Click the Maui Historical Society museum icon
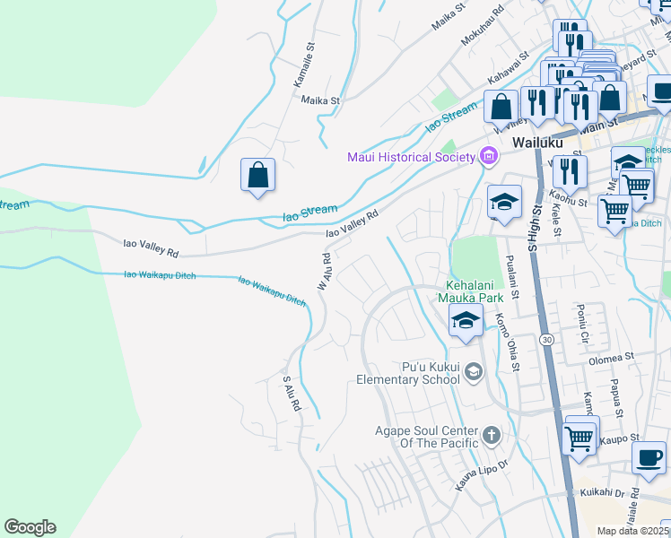(x=489, y=157)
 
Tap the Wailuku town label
(x=536, y=143)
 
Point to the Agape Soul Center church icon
(x=491, y=437)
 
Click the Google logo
(x=30, y=527)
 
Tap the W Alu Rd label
(x=324, y=270)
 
